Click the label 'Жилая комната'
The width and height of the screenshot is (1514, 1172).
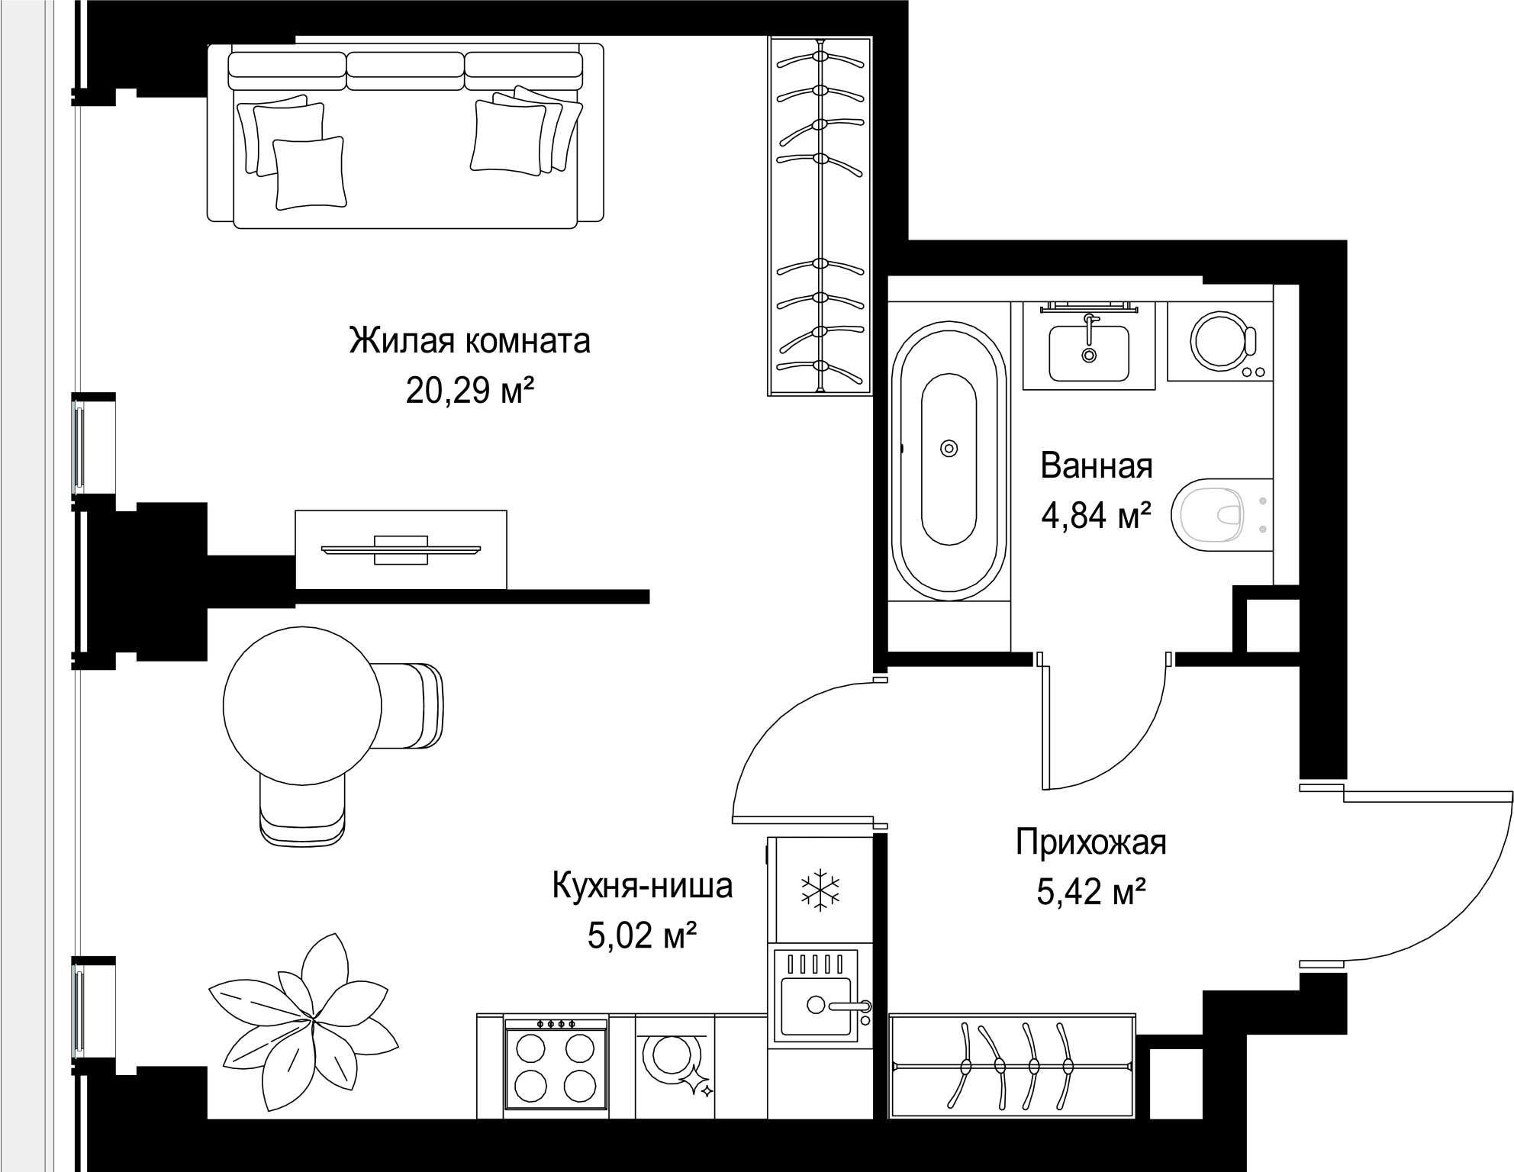[x=469, y=341]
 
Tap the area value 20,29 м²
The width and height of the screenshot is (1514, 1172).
[x=469, y=391]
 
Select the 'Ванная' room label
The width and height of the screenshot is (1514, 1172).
[x=1097, y=465]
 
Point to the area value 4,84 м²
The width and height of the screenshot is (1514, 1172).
[x=1097, y=516]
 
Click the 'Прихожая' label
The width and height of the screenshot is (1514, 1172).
[x=1090, y=844]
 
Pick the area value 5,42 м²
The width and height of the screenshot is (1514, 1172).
[x=1091, y=891]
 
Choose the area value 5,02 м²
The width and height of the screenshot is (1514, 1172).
[x=643, y=935]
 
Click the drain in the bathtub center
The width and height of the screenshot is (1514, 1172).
[x=949, y=449]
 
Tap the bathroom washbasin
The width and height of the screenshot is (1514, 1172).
[x=1088, y=353]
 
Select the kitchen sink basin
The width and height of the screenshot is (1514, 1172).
[x=816, y=1006]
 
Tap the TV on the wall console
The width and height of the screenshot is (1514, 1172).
[x=401, y=549]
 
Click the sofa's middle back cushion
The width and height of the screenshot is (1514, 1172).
[x=405, y=66]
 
